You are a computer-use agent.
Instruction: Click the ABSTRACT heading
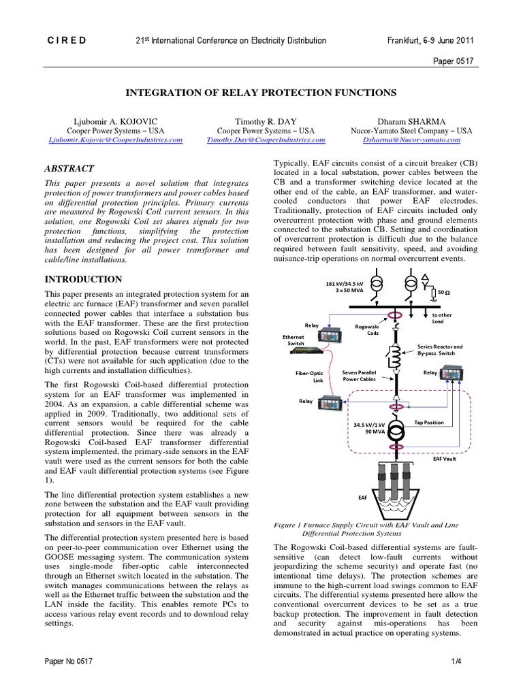coord(69,169)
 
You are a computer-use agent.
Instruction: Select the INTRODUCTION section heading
coord(83,279)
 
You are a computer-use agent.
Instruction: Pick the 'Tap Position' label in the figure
coord(428,422)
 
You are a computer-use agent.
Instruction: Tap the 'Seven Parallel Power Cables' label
coord(358,376)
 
